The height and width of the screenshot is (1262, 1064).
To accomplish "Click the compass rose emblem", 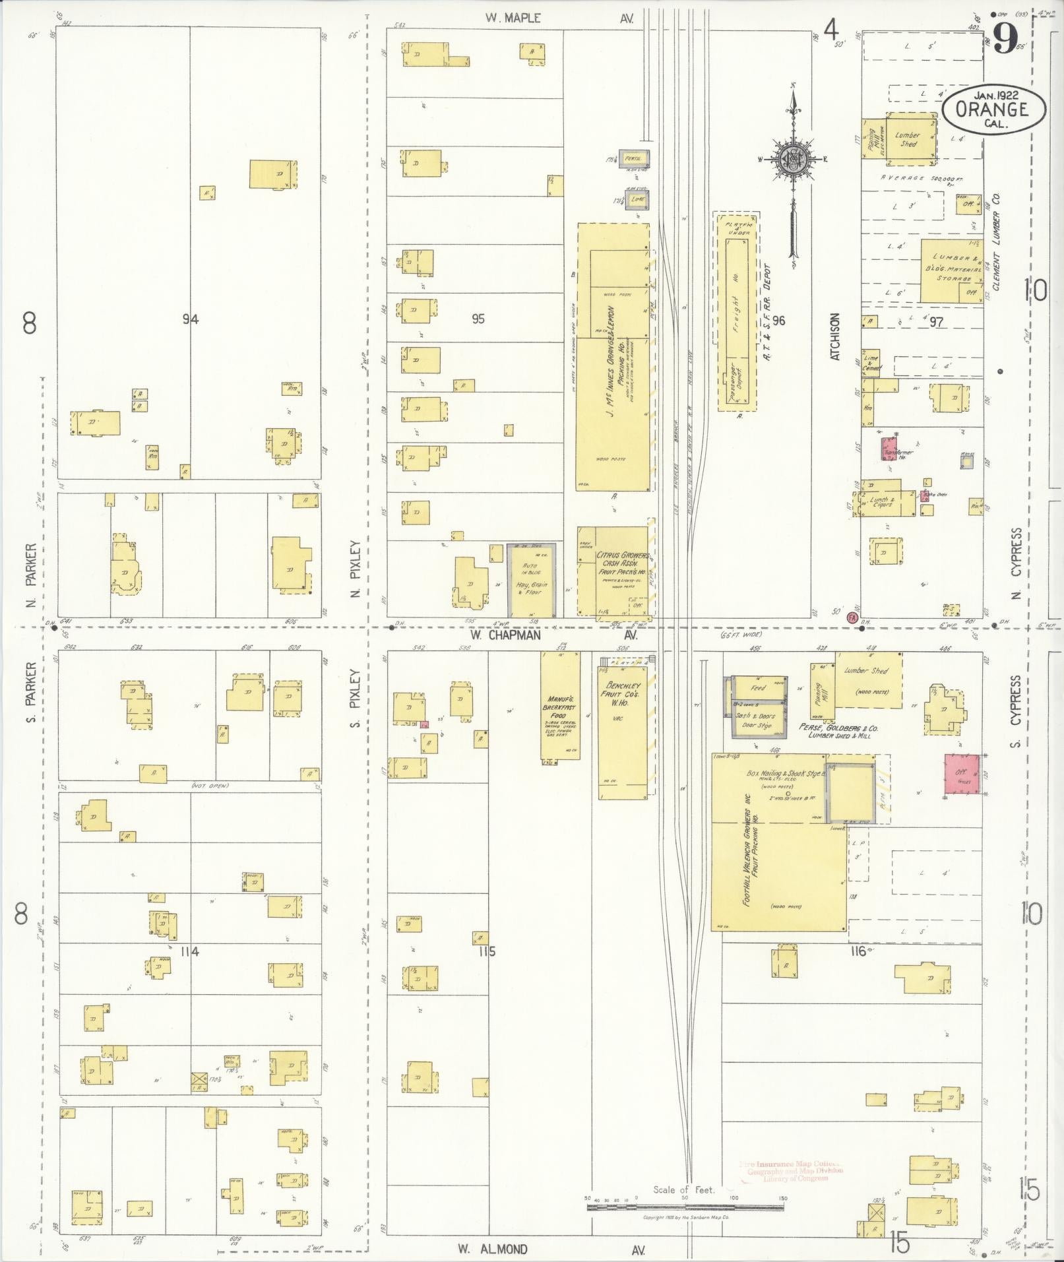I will (x=791, y=158).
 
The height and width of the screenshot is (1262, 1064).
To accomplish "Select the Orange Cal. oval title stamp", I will (x=993, y=110).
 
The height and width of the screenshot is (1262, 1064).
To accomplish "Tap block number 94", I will (x=191, y=320).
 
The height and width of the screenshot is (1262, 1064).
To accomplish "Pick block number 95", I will (x=478, y=319).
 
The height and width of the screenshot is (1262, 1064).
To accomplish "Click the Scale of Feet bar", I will (x=685, y=1207).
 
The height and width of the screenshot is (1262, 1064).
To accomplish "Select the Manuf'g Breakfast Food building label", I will (x=558, y=706).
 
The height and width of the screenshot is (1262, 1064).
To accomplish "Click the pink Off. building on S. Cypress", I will (x=962, y=774).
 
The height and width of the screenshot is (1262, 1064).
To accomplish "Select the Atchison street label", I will (x=835, y=336).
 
